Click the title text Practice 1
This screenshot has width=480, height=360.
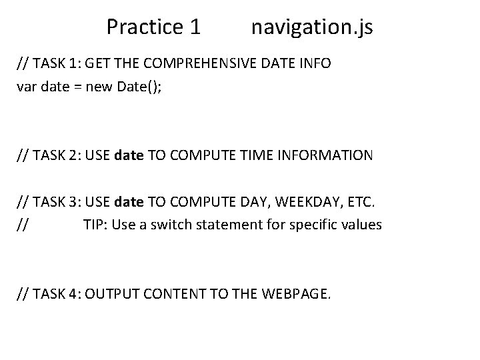[153, 27]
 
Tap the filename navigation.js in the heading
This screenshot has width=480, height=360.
[312, 27]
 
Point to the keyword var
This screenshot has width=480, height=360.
[27, 87]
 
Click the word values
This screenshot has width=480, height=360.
[361, 225]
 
